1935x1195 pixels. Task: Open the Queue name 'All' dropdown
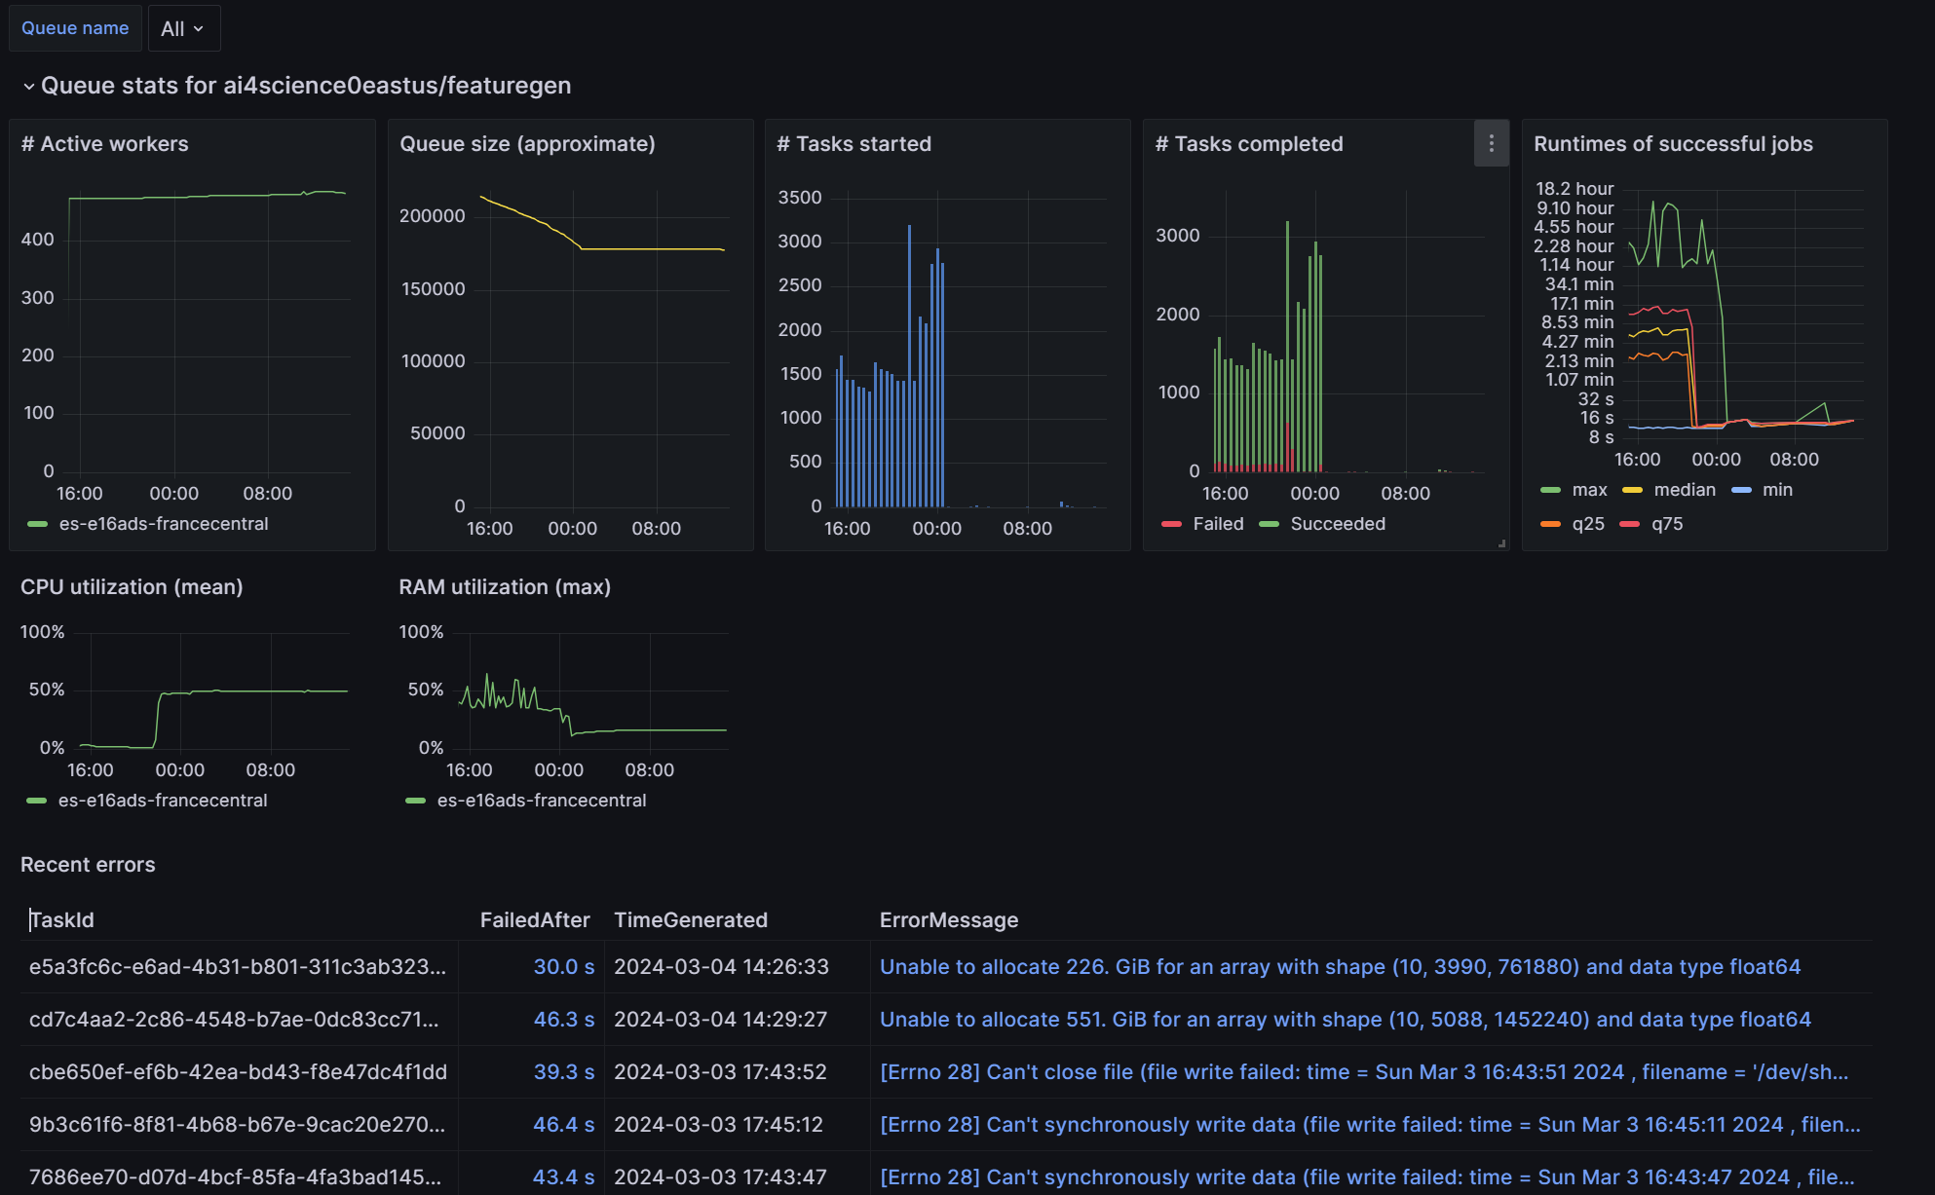pyautogui.click(x=183, y=28)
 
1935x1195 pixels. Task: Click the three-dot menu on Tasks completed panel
pyautogui.click(x=1491, y=144)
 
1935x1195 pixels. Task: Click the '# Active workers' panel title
pyautogui.click(x=105, y=144)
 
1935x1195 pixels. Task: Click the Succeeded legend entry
pyautogui.click(x=1337, y=524)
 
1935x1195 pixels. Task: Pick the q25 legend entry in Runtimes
pyautogui.click(x=1587, y=524)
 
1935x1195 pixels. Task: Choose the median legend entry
pyautogui.click(x=1684, y=490)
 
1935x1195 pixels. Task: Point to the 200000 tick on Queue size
pyautogui.click(x=433, y=216)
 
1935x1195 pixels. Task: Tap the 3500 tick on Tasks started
pyautogui.click(x=800, y=198)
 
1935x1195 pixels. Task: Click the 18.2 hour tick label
pyautogui.click(x=1575, y=189)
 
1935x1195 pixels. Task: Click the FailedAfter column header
pyautogui.click(x=535, y=920)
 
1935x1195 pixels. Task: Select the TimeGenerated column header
pyautogui.click(x=691, y=920)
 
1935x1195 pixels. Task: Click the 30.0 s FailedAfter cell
pyautogui.click(x=563, y=967)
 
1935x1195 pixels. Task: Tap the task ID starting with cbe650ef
pyautogui.click(x=238, y=1072)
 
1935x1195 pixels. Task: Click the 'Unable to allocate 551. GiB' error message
pyautogui.click(x=1345, y=1020)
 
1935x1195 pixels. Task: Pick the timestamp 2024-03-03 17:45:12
pyautogui.click(x=719, y=1125)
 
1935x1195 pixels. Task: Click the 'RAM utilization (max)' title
pyautogui.click(x=505, y=587)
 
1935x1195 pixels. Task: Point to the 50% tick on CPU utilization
pyautogui.click(x=47, y=690)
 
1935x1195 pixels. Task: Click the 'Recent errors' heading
pyautogui.click(x=88, y=865)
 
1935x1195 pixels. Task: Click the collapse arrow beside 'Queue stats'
pyautogui.click(x=29, y=87)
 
